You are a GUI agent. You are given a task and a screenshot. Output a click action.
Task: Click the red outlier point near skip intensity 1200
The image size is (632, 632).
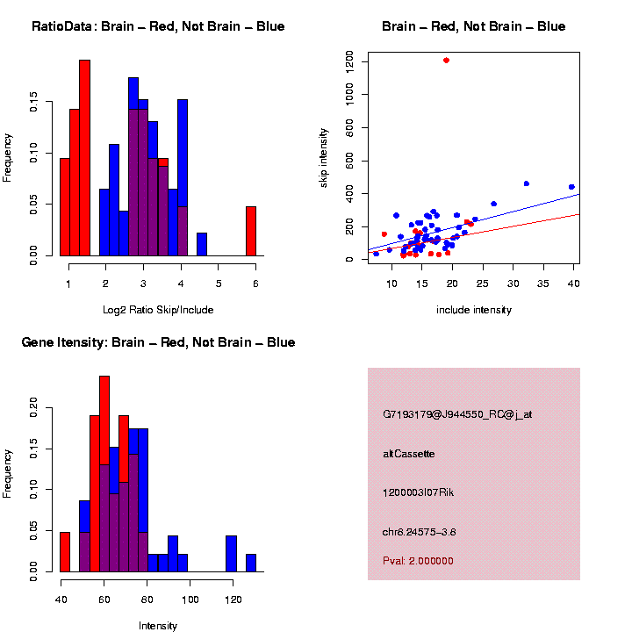coord(447,61)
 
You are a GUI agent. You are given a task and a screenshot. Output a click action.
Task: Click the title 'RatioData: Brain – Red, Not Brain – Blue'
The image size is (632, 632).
coord(158,27)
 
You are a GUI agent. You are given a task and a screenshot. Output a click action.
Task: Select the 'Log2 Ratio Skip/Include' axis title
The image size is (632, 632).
coord(158,310)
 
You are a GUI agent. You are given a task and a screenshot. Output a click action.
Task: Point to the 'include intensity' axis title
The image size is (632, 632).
coord(474,310)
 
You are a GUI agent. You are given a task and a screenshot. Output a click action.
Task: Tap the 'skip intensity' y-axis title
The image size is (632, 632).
coord(324,156)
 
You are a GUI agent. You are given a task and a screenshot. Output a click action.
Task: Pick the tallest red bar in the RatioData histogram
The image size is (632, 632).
coord(85,158)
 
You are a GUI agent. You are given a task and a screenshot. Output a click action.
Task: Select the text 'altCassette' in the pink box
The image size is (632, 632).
coord(409,454)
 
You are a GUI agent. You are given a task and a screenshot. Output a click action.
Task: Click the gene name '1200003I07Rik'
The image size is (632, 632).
coord(418,492)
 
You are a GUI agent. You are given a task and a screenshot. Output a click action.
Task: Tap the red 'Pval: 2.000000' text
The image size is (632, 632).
coord(418,561)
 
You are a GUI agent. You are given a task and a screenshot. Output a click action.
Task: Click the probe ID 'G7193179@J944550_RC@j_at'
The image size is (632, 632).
coord(457,414)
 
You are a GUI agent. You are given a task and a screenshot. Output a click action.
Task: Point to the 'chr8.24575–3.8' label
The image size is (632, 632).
coord(420,532)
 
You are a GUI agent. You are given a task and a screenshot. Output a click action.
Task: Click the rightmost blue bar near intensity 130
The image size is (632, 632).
coord(251,563)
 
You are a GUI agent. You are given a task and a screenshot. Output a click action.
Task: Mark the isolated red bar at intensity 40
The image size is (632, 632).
coord(65,551)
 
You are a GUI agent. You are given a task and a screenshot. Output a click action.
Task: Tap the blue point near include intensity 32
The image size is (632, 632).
coord(526,183)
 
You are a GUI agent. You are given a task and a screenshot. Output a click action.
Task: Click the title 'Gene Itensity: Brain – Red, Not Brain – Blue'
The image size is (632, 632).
coord(158,342)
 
